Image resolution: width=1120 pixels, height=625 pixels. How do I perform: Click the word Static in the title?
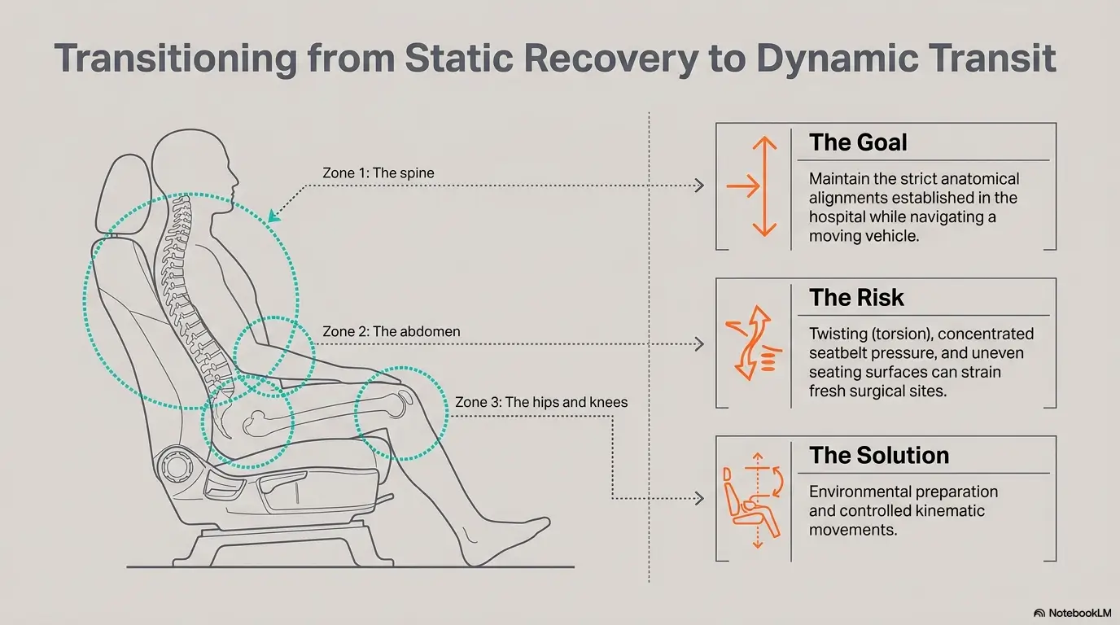pyautogui.click(x=459, y=58)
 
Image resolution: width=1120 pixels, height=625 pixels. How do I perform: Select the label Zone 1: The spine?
pyautogui.click(x=378, y=173)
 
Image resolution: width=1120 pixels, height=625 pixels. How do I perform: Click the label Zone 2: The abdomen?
pyautogui.click(x=391, y=331)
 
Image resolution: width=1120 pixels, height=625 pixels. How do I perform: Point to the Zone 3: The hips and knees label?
pyautogui.click(x=541, y=402)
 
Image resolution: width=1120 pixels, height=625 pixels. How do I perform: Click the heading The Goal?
pyautogui.click(x=858, y=142)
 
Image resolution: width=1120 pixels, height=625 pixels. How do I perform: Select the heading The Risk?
pyautogui.click(x=856, y=298)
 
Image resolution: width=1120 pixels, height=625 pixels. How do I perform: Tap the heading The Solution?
pyautogui.click(x=879, y=456)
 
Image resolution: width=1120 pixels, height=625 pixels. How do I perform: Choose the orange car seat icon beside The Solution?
pyautogui.click(x=753, y=500)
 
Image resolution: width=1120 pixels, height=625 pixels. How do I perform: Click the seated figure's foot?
pyautogui.click(x=505, y=541)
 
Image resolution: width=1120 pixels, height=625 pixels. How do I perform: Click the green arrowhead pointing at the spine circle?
pyautogui.click(x=273, y=216)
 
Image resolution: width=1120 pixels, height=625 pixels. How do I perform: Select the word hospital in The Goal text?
pyautogui.click(x=838, y=217)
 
